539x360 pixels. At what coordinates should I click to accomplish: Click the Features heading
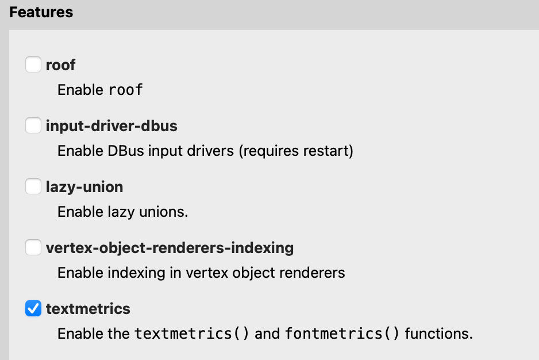coord(41,12)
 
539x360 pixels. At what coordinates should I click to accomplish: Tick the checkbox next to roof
coord(33,64)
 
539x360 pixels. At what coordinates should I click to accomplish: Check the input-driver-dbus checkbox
coord(33,125)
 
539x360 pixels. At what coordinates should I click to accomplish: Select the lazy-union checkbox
coord(33,187)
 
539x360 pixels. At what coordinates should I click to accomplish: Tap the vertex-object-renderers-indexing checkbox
coord(33,248)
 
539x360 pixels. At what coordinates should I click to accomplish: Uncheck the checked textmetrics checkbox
coord(33,309)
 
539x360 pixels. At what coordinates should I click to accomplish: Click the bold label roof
coord(60,65)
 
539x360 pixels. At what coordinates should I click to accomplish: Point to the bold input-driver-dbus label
coord(111,126)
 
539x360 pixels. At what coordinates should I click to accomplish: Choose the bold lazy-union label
coord(84,187)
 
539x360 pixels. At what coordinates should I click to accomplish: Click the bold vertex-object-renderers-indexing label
coord(170,248)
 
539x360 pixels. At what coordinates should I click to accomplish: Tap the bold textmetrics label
coord(88,309)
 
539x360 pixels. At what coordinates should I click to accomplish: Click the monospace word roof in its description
coord(125,90)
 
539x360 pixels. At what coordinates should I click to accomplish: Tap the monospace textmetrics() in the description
coord(192,334)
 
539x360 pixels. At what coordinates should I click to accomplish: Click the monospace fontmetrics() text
coord(342,334)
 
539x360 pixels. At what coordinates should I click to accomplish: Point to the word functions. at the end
coord(439,334)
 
